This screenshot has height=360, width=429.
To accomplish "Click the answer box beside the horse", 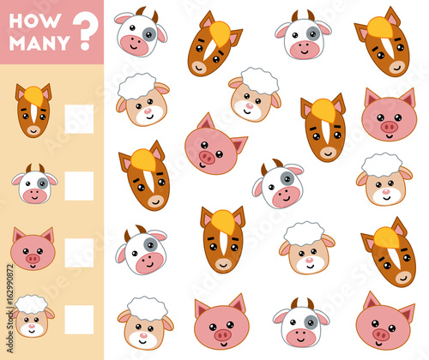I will [79, 118].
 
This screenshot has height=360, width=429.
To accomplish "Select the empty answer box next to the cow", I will [79, 185].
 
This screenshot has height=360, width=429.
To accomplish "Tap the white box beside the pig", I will [79, 252].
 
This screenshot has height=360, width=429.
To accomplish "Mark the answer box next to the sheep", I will [79, 319].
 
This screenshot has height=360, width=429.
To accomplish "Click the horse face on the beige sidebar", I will [33, 111].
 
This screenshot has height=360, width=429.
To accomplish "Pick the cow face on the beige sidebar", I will [34, 184].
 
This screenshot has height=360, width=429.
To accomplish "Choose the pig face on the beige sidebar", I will [33, 249].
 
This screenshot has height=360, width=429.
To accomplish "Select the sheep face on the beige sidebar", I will [33, 316].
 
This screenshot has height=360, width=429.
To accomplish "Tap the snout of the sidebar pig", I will [33, 256].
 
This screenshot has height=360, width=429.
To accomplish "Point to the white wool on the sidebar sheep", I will [33, 304].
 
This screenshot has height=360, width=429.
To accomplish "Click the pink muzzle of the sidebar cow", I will [33, 194].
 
